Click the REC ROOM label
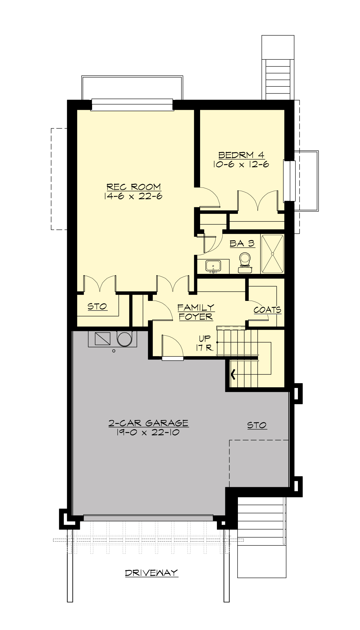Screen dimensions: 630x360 (x=134, y=187)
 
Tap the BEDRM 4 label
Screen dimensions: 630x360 (x=241, y=155)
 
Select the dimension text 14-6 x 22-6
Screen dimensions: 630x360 (x=133, y=196)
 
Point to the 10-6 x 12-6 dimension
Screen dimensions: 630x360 (x=241, y=164)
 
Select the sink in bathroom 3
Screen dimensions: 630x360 (x=213, y=266)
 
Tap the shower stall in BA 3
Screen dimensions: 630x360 (x=272, y=254)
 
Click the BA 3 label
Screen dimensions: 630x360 (x=242, y=244)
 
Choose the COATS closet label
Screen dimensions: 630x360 (x=267, y=310)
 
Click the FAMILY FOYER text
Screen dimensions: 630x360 (x=196, y=312)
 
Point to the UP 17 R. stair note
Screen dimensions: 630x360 (x=205, y=343)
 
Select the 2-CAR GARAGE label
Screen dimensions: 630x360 (x=148, y=423)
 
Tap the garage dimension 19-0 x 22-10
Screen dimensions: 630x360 (x=148, y=432)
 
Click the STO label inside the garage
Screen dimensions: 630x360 (x=257, y=425)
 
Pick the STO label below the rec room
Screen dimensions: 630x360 (x=97, y=306)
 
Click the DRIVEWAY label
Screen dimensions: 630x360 (x=151, y=573)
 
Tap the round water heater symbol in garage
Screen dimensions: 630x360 (x=124, y=339)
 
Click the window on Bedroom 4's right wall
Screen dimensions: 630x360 (x=289, y=181)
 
